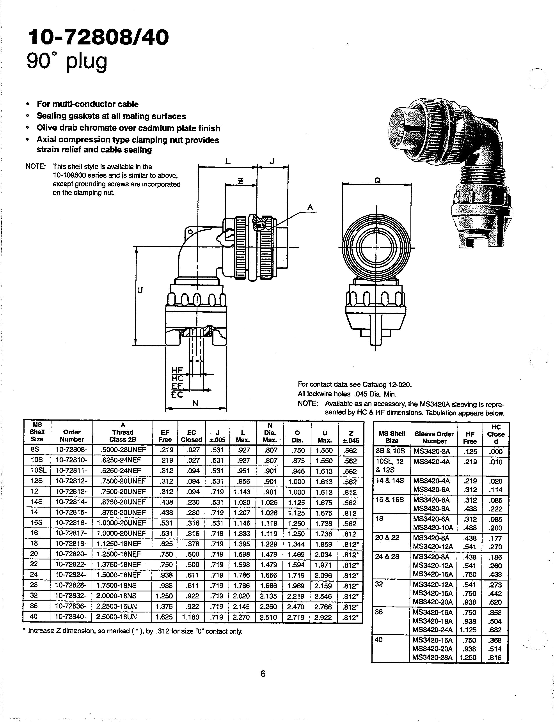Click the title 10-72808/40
tap(98, 37)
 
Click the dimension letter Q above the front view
tap(378, 180)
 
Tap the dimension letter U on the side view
tap(140, 290)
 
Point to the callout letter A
tap(310, 207)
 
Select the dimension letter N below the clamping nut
tap(195, 403)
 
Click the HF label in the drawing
tap(177, 371)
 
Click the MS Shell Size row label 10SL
tap(37, 471)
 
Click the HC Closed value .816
tap(495, 657)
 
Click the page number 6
tap(263, 674)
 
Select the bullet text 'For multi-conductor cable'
tap(87, 104)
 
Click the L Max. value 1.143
tap(242, 492)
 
